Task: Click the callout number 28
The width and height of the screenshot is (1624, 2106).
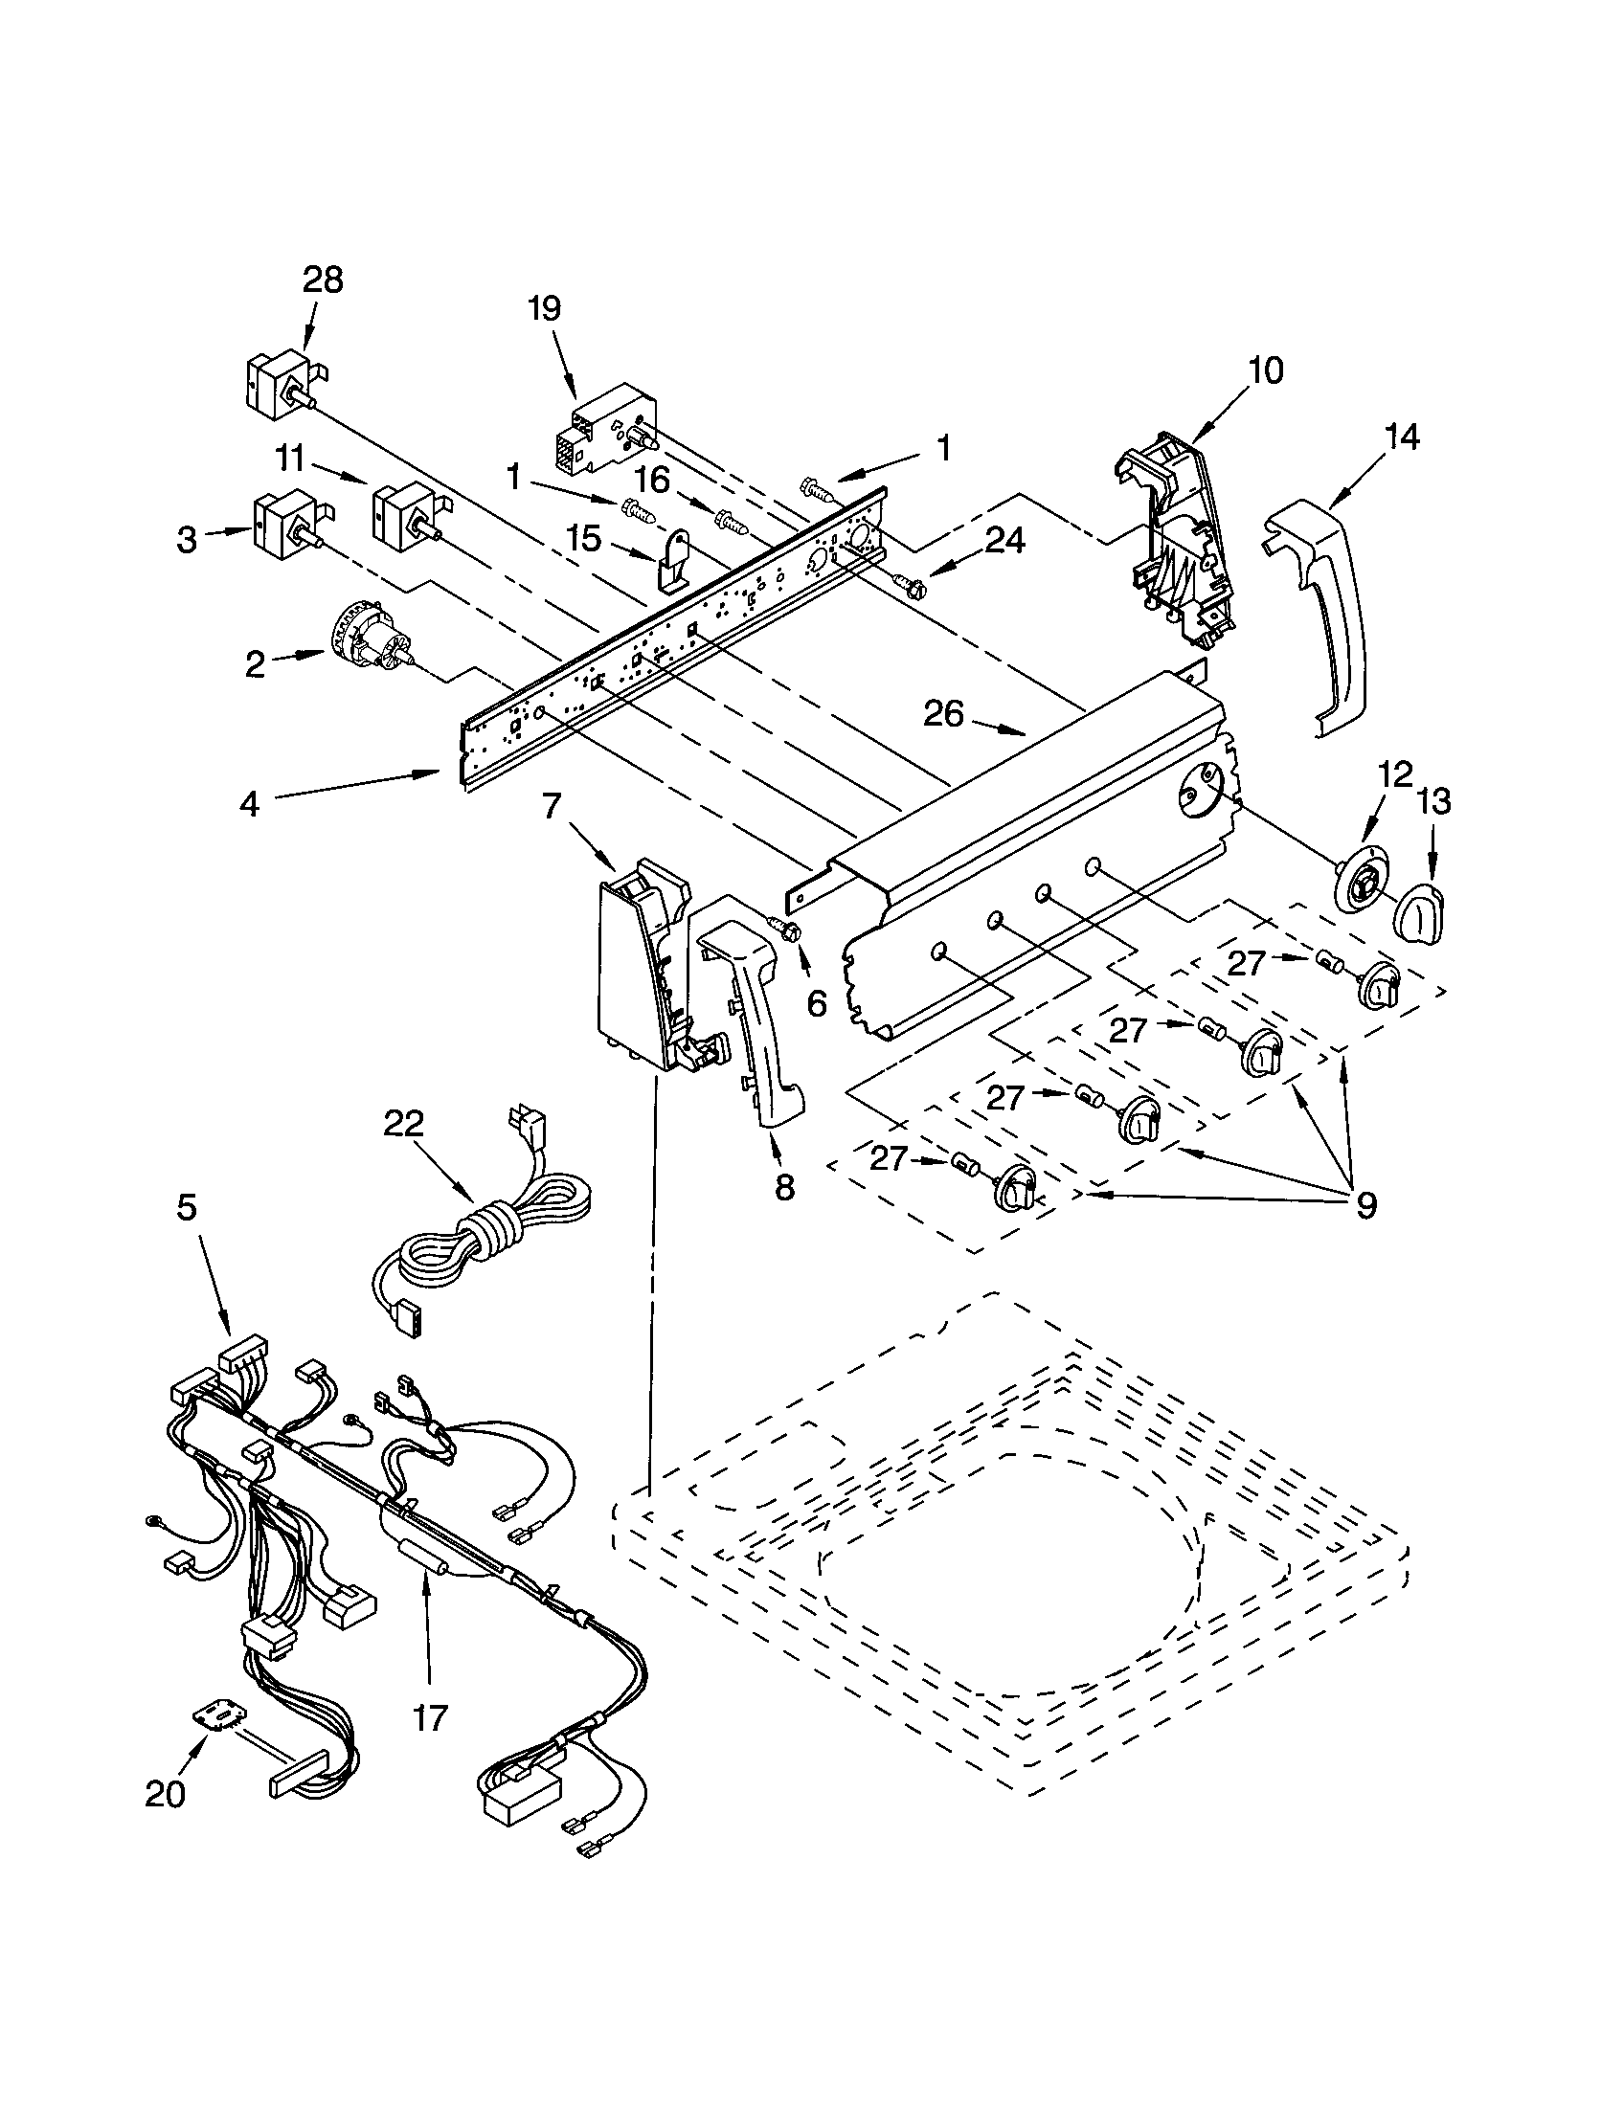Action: (x=323, y=280)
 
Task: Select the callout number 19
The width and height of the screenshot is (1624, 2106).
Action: (x=544, y=308)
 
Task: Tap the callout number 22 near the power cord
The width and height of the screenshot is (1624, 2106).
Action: (x=403, y=1124)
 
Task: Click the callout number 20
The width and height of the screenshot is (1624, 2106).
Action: (x=165, y=1794)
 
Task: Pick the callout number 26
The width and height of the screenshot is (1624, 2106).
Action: (x=943, y=713)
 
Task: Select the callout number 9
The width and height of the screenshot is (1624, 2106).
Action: (x=1365, y=1204)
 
